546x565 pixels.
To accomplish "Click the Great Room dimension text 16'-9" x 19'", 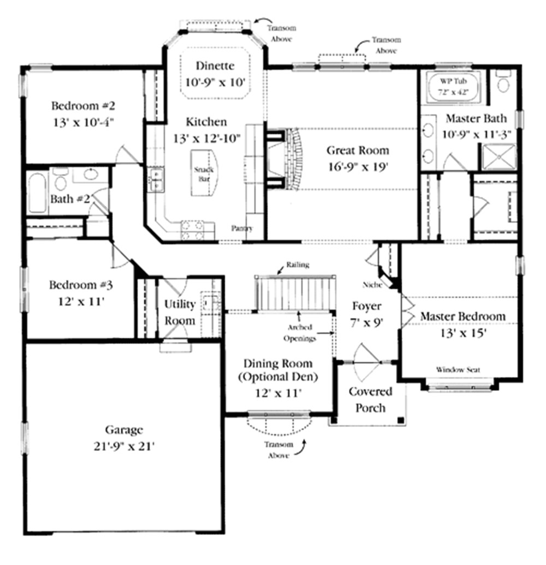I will (358, 167).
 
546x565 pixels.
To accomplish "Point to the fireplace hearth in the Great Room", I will (294, 159).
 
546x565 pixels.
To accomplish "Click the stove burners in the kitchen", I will (192, 230).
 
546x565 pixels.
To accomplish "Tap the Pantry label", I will (242, 229).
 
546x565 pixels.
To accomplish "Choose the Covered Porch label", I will (370, 399).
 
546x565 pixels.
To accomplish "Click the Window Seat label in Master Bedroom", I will (458, 370).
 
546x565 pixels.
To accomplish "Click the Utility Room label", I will (180, 312).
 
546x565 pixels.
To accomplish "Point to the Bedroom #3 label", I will (80, 285).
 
